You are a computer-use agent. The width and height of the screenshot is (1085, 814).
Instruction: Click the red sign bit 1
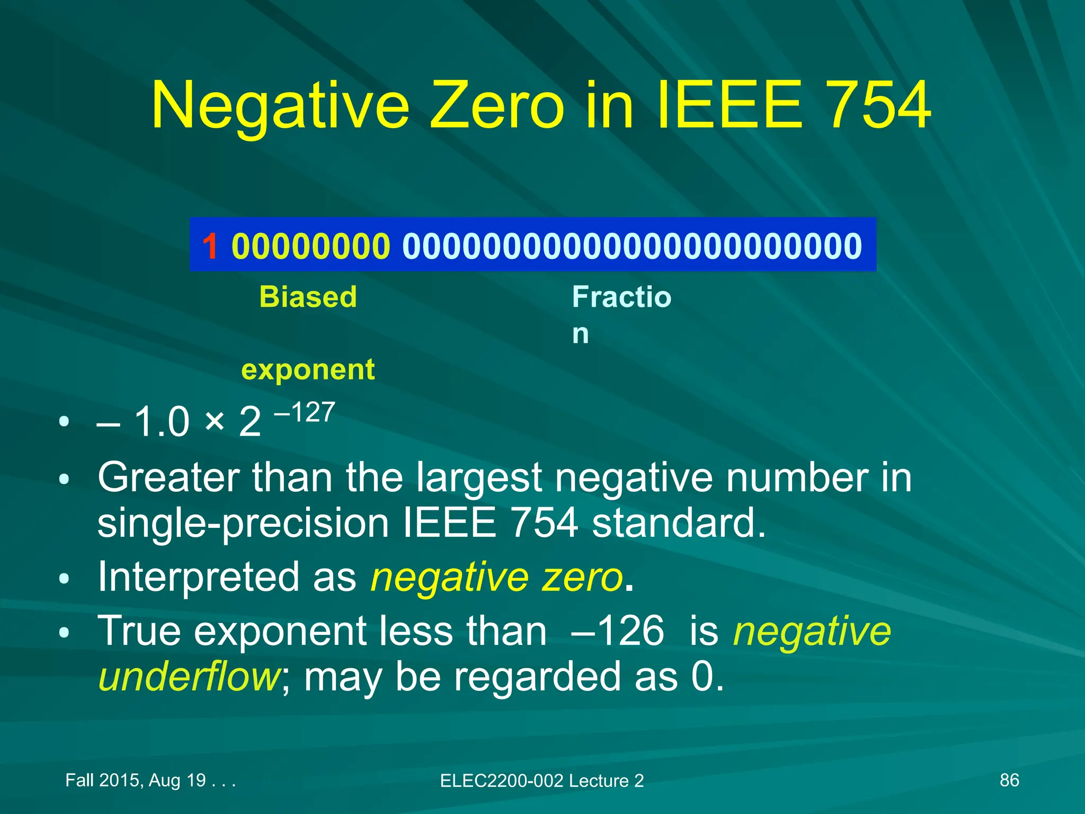(x=210, y=246)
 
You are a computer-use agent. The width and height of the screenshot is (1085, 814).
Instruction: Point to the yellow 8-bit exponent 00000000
(x=311, y=246)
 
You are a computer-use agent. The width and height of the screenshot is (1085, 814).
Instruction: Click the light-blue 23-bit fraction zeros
(x=632, y=246)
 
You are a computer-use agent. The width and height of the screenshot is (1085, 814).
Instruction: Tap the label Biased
(x=308, y=297)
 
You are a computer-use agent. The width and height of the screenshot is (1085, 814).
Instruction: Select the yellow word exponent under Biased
(x=308, y=369)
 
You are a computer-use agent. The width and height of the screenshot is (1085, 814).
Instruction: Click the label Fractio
(x=621, y=297)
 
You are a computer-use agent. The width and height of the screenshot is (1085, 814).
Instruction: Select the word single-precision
(x=243, y=523)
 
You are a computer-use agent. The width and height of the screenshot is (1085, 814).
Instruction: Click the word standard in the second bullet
(x=679, y=523)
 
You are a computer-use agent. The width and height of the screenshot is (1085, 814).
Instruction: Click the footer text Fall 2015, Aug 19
(x=136, y=780)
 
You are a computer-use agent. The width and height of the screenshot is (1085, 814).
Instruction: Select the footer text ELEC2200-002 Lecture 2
(x=542, y=781)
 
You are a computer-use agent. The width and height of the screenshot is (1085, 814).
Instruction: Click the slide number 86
(x=1009, y=780)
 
